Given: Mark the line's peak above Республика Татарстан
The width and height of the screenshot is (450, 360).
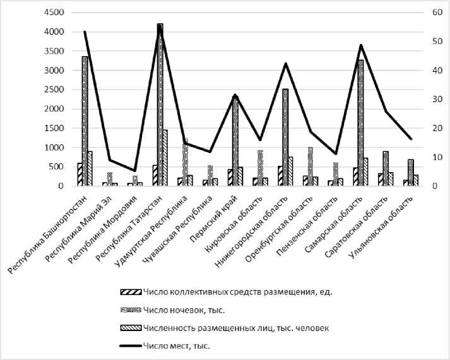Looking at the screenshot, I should [160, 26].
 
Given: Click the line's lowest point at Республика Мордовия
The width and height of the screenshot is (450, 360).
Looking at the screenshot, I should [134, 170].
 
